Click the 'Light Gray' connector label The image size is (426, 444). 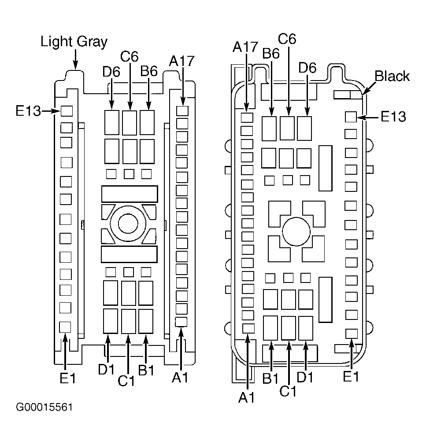74,42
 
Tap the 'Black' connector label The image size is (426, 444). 392,76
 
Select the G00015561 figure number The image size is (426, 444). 44,407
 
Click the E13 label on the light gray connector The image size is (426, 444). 28,111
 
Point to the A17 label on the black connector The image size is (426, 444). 245,47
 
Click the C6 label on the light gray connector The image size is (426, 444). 129,56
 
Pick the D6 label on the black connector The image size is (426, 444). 307,68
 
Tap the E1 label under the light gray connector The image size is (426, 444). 68,378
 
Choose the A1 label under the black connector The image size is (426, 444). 246,397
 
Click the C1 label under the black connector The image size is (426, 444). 288,391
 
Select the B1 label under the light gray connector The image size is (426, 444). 146,370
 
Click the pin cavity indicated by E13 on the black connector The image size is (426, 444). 351,117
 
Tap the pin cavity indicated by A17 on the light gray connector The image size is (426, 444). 182,111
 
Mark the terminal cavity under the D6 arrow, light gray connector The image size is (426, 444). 111,122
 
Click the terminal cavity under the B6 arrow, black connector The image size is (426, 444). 269,128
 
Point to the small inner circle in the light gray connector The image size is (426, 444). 128,224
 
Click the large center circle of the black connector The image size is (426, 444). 296,231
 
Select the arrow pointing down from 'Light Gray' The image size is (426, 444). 75,59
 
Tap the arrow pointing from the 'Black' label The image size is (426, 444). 369,88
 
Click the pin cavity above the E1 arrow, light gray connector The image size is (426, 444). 65,327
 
